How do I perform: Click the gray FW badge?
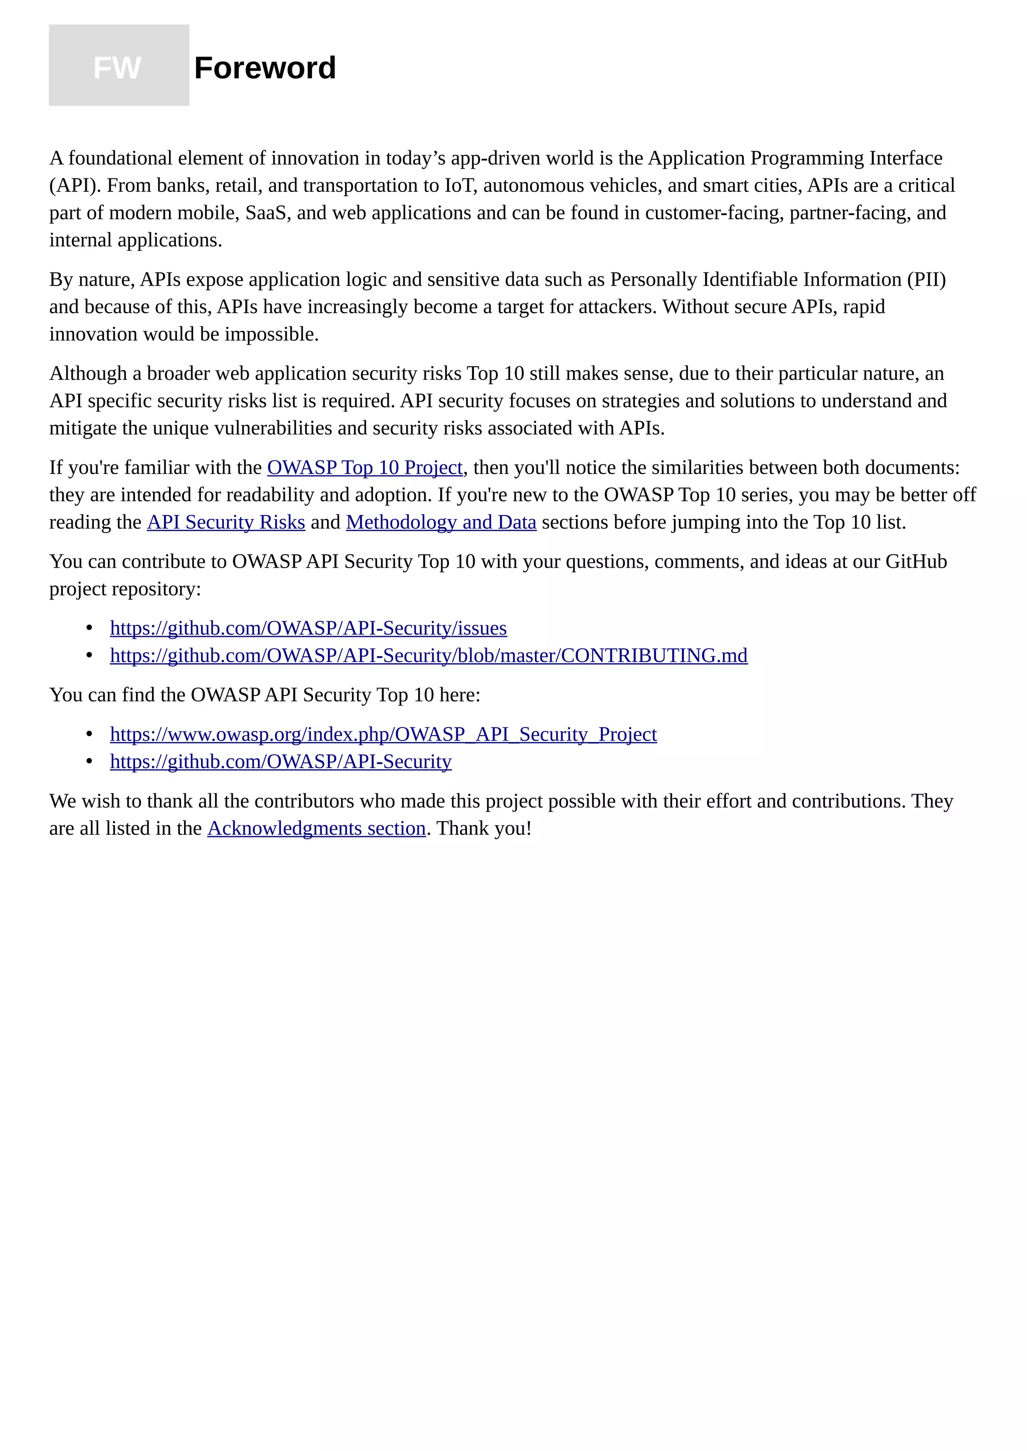119,66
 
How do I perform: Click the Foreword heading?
264,68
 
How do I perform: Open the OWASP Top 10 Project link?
365,467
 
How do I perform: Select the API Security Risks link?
226,523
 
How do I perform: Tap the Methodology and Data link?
441,523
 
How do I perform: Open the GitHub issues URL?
308,628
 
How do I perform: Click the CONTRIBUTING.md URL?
428,656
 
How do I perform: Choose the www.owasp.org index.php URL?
383,735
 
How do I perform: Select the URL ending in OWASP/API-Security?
281,762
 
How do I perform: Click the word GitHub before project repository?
916,562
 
